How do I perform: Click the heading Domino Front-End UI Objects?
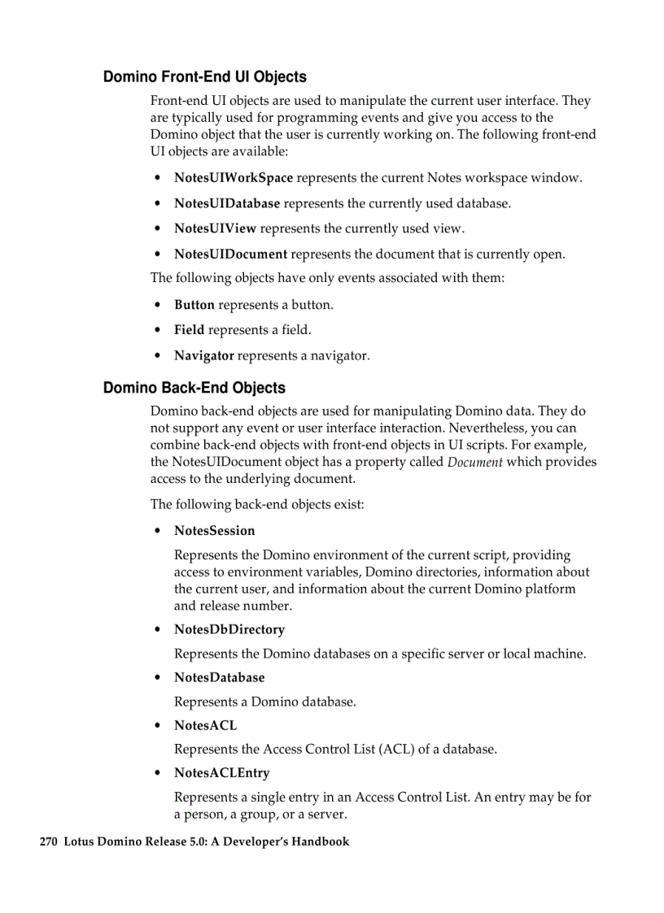(204, 77)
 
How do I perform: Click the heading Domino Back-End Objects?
(194, 388)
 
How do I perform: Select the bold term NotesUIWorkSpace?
(233, 178)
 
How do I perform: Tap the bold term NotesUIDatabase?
(226, 203)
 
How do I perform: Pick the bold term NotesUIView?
(215, 228)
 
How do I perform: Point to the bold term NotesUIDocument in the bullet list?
(230, 254)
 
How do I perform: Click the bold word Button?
(194, 305)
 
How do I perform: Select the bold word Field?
(189, 330)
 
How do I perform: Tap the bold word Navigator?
(203, 355)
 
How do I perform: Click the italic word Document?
(474, 463)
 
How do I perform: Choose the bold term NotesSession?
(214, 531)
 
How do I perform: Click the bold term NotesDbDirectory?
(229, 630)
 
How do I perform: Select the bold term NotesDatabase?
(219, 677)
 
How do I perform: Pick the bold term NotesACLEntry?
(221, 773)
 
